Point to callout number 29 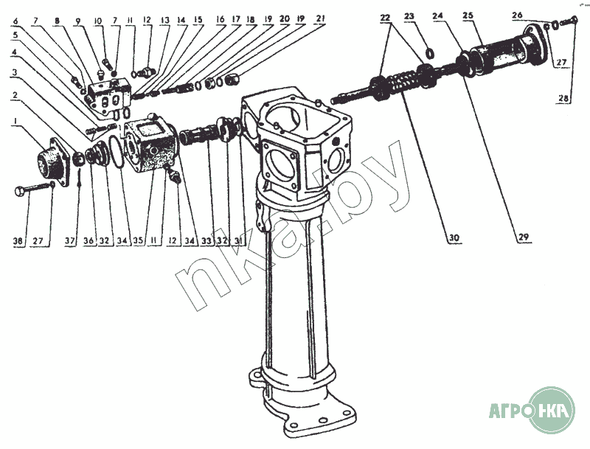(522, 237)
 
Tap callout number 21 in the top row (319, 18)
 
